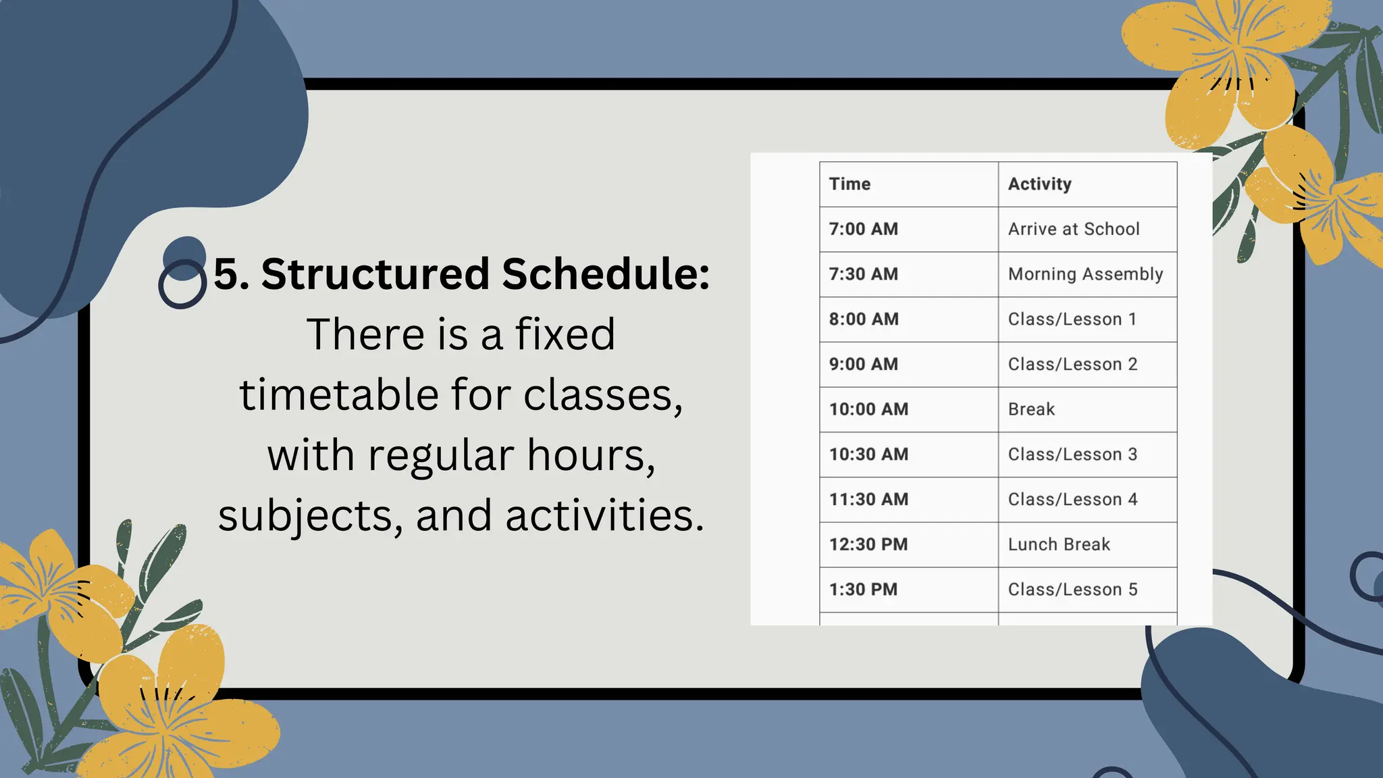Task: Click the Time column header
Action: click(x=850, y=184)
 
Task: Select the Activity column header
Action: click(x=1039, y=184)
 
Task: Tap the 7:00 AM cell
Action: click(x=864, y=229)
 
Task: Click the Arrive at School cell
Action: click(x=1074, y=229)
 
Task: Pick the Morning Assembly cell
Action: click(x=1085, y=274)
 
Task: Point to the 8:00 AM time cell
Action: click(x=864, y=319)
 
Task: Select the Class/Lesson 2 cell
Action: click(x=1072, y=364)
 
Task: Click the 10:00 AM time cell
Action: click(x=868, y=409)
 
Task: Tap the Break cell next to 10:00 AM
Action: click(x=1031, y=409)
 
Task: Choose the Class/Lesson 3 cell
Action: click(x=1072, y=455)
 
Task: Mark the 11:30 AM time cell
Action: click(x=868, y=499)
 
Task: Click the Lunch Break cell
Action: click(x=1059, y=544)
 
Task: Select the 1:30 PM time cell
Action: click(x=863, y=590)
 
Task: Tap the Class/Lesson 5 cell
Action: click(x=1072, y=590)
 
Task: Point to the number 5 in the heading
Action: click(x=226, y=274)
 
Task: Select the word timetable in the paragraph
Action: click(x=338, y=394)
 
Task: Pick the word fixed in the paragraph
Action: click(x=565, y=334)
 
